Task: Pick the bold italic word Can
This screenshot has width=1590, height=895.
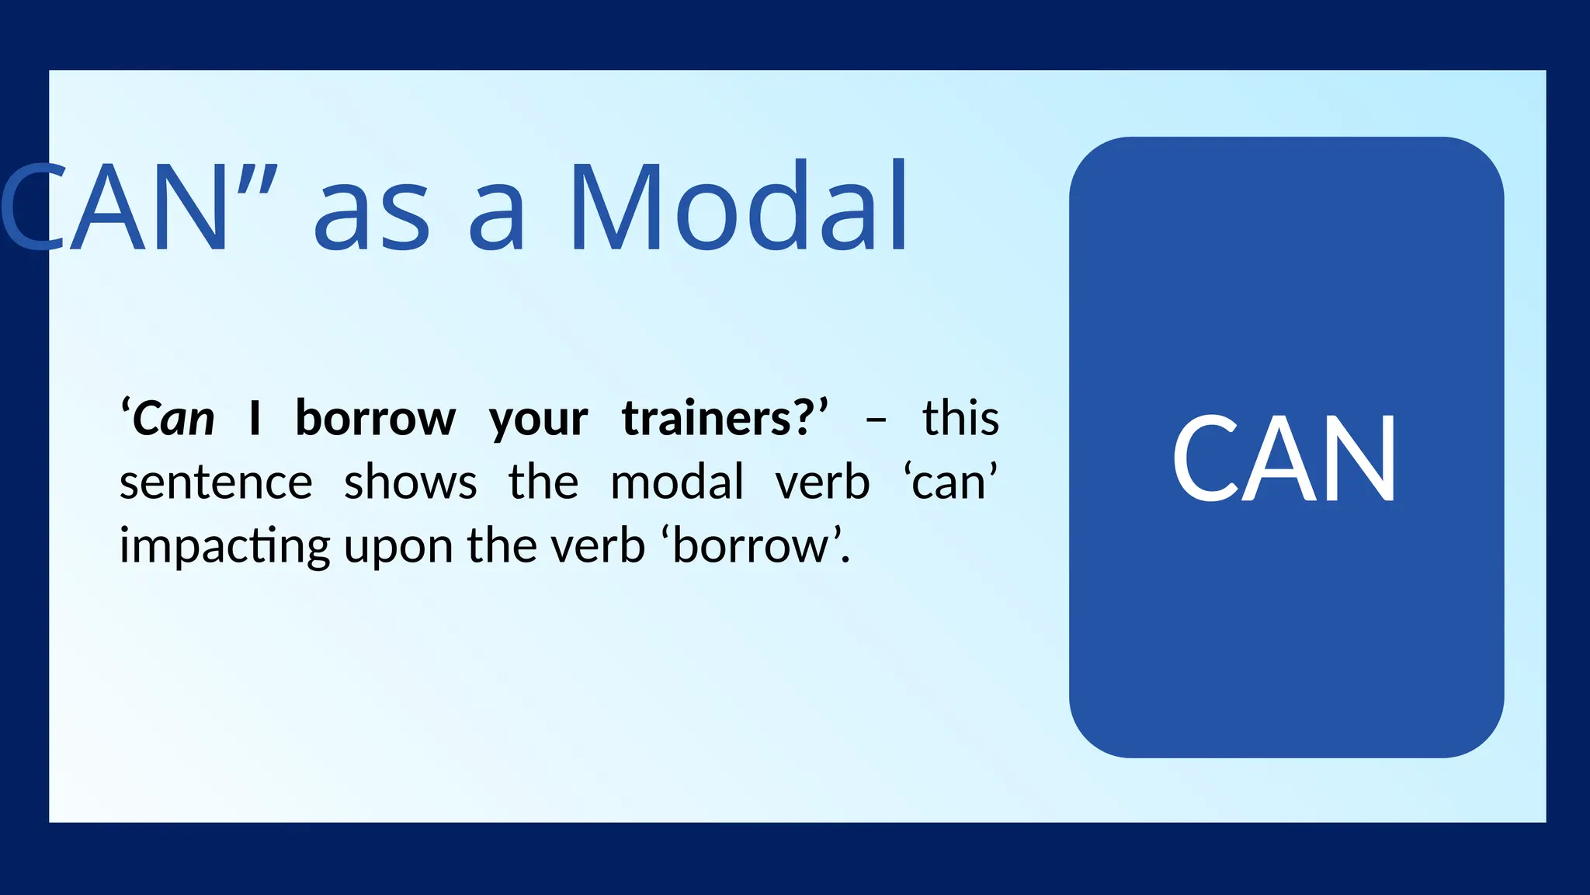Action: (173, 420)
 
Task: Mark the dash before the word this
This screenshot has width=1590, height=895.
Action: (876, 420)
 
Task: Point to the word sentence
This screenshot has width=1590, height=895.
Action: (216, 482)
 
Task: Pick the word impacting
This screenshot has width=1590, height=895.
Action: (224, 547)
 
